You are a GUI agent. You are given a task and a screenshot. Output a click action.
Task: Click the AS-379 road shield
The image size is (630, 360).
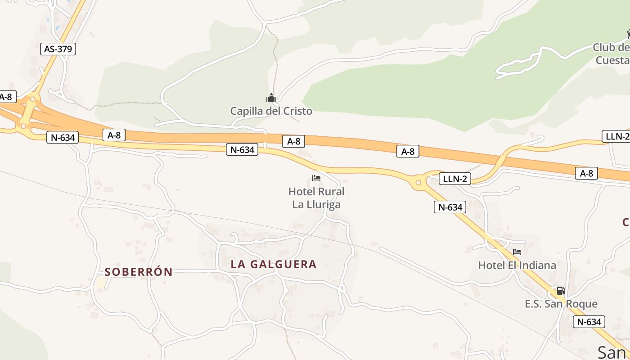pos(58,49)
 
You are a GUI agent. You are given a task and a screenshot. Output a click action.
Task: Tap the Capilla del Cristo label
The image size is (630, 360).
pos(271,111)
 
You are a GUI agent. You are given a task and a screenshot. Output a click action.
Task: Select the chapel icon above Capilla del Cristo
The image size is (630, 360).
pos(271,98)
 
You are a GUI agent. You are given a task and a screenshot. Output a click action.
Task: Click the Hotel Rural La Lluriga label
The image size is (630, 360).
pos(316,198)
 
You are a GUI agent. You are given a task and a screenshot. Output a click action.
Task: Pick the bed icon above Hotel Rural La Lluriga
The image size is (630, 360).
pos(316,178)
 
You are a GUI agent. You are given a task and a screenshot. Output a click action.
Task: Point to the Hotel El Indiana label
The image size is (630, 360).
pos(517,265)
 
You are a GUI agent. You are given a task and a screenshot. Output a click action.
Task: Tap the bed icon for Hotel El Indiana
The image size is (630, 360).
pos(517,252)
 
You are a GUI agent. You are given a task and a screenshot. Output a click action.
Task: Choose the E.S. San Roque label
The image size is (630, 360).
pos(561,304)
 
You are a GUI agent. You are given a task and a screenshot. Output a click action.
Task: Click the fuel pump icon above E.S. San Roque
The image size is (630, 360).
pos(561,291)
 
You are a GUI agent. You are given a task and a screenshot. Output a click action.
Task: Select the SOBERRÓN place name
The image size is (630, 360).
pos(139,272)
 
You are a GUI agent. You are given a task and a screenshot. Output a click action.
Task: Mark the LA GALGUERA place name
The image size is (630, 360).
pos(274,264)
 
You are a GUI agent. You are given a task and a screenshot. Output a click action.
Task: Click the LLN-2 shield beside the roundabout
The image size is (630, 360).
pos(455,179)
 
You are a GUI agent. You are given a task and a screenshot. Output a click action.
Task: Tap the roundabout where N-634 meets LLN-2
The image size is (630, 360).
pos(418,182)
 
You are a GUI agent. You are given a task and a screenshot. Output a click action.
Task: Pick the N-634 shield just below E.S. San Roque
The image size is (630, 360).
pos(589,322)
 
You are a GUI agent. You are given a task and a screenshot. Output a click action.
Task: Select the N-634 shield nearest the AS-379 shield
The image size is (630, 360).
pos(63,137)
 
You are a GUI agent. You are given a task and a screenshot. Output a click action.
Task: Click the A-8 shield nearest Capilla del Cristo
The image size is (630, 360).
pos(293,141)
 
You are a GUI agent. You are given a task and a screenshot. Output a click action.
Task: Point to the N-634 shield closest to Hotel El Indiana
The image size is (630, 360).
pos(450,207)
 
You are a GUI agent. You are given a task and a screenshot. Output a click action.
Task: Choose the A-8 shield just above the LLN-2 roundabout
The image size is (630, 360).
pos(408,151)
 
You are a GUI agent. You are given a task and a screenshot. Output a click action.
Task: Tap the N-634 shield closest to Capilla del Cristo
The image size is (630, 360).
pos(242,150)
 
